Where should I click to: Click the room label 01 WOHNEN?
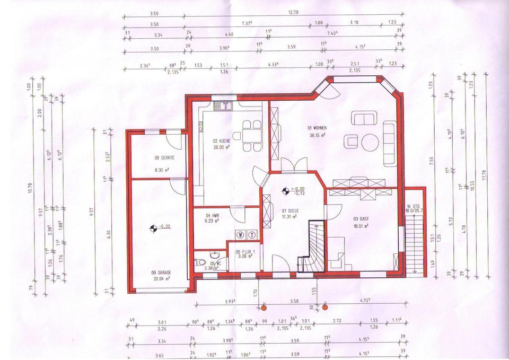317,128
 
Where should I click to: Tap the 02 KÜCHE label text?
222,141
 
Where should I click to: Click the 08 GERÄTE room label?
164,158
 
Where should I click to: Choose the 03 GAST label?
361,218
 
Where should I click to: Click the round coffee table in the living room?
370,141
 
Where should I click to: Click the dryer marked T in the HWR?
252,234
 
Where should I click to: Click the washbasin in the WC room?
214,253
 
